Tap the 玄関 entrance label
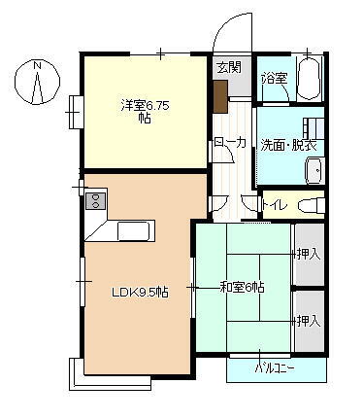point(228,68)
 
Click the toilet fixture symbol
point(310,205)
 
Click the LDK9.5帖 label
point(140,292)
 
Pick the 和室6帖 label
point(243,287)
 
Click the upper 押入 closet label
point(308,255)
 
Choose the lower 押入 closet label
point(308,320)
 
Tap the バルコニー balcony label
point(275,369)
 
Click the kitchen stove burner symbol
point(96,201)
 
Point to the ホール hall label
point(229,143)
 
